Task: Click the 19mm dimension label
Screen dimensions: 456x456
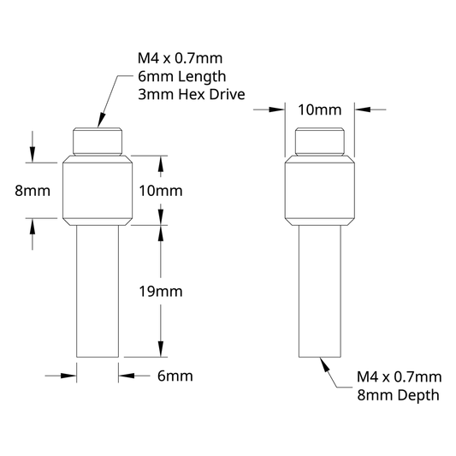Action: [161, 292]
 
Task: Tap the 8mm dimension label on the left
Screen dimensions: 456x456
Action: [33, 191]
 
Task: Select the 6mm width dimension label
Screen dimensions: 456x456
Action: [175, 376]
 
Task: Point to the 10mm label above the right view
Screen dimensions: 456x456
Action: [320, 110]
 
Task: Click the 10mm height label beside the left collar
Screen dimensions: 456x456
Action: [161, 191]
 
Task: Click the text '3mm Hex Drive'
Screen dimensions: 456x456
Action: [192, 94]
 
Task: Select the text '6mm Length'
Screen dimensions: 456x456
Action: [181, 77]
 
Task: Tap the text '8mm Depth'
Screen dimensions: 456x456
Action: [398, 395]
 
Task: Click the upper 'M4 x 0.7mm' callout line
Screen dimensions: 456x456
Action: [180, 58]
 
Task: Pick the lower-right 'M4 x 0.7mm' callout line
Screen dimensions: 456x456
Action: [400, 377]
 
